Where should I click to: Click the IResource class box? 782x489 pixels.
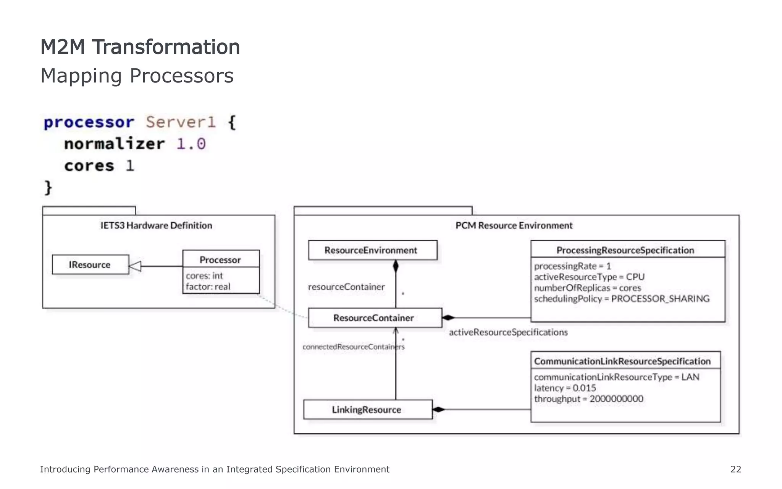point(90,264)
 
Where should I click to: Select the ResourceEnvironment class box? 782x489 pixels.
point(372,250)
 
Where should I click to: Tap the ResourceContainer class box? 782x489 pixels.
point(375,318)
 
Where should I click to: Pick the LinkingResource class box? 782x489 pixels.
point(368,410)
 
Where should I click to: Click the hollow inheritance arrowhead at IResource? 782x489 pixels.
point(135,266)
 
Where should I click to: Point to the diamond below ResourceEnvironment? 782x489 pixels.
point(396,266)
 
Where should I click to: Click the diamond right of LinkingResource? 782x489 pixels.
point(439,410)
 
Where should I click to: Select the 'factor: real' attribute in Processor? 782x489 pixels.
point(208,287)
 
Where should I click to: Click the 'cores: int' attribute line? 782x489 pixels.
point(204,275)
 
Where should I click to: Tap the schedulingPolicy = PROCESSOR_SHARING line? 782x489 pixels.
point(622,299)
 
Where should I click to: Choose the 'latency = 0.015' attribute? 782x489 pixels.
point(565,388)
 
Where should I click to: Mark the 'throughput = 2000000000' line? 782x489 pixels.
point(588,399)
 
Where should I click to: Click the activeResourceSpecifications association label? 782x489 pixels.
point(508,332)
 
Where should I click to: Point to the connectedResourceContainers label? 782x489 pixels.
point(353,347)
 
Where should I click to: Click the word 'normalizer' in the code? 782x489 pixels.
point(114,144)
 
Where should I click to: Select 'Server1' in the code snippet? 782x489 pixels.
point(181,122)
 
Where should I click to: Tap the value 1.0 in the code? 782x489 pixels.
point(191,144)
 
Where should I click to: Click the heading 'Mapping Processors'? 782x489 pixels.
point(137,76)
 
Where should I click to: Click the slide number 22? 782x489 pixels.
point(735,469)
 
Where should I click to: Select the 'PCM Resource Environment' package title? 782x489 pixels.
point(514,225)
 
